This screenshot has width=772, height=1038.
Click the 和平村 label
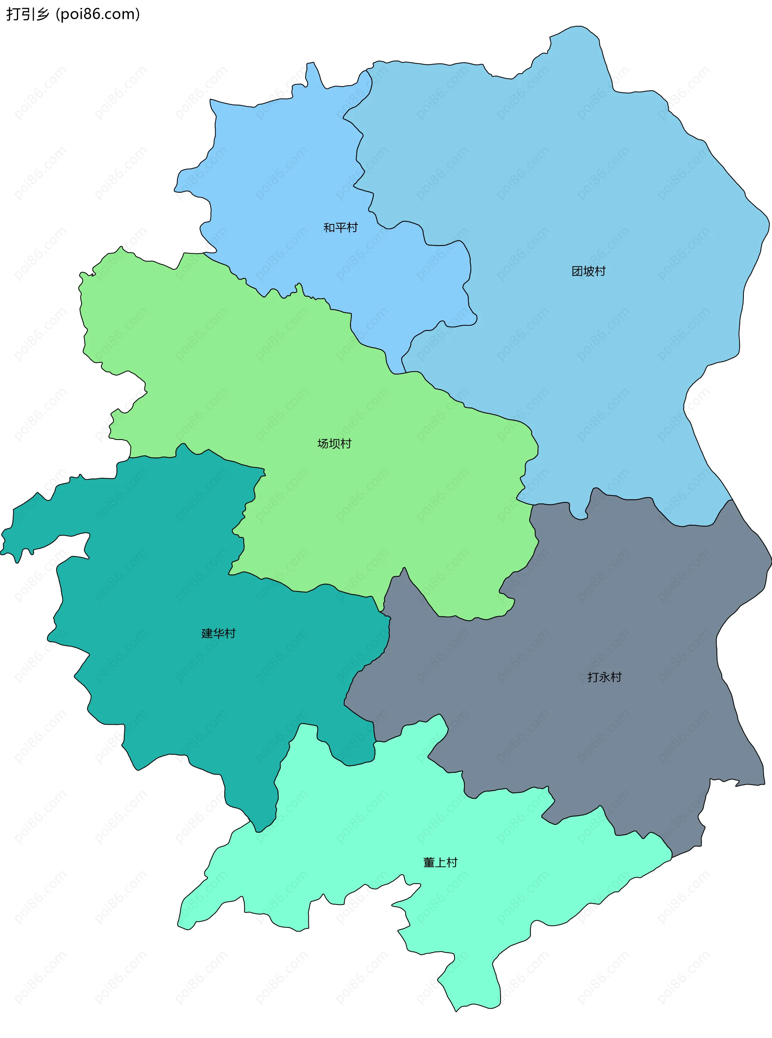[x=340, y=228]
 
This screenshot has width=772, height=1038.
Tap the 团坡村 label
[x=588, y=271]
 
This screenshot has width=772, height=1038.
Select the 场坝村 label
[x=334, y=444]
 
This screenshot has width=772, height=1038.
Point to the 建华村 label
[x=218, y=633]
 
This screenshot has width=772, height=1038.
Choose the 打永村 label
[x=604, y=677]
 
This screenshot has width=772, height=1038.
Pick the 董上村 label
[x=440, y=862]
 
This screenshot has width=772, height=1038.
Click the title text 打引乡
[x=27, y=14]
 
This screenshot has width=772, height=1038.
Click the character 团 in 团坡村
[x=577, y=271]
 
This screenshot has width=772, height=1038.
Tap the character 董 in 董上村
[x=429, y=862]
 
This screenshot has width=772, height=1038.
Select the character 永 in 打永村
[x=604, y=677]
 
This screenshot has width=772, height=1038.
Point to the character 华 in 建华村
[x=218, y=633]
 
